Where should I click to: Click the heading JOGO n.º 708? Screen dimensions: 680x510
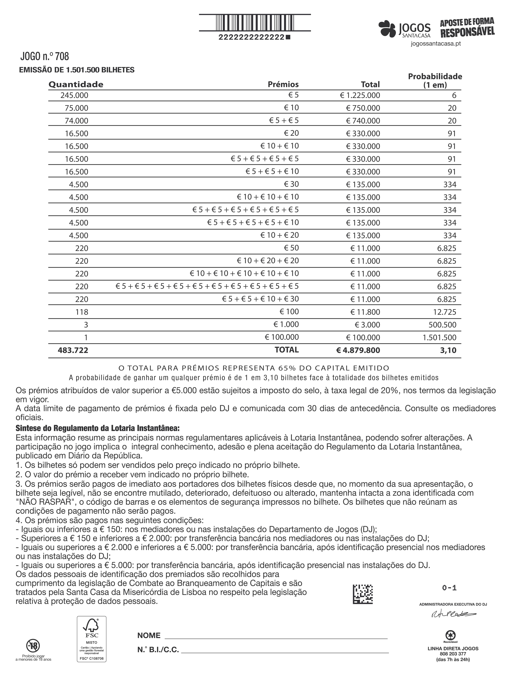pyautogui.click(x=45, y=57)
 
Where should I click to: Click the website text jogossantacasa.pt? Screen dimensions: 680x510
pyautogui.click(x=436, y=44)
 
